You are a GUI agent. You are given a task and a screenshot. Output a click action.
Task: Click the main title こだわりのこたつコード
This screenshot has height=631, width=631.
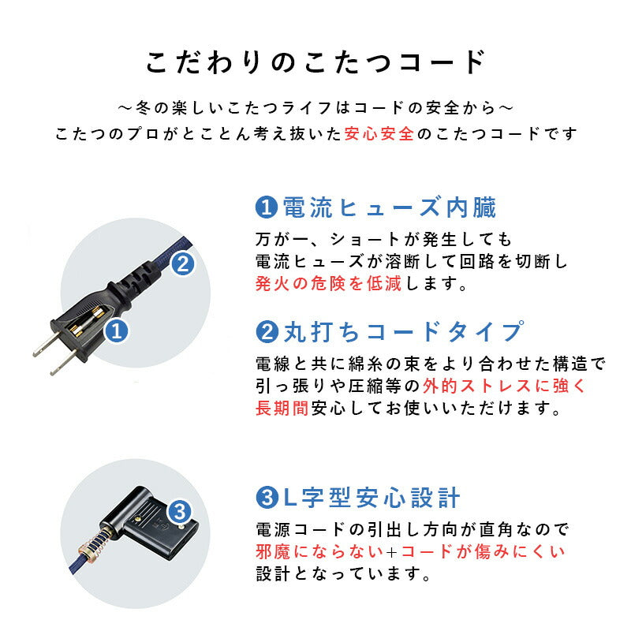coord(315,62)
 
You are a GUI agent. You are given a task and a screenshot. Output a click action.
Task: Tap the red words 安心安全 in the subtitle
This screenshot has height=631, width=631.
coord(379,133)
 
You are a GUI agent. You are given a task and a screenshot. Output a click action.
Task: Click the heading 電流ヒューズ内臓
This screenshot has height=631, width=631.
coord(389,208)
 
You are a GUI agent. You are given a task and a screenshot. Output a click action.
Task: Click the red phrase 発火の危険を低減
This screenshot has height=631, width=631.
coord(328,284)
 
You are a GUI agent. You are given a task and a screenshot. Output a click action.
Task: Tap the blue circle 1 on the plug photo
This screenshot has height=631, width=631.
coord(118,332)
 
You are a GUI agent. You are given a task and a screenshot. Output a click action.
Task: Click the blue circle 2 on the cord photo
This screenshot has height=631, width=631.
coord(181,263)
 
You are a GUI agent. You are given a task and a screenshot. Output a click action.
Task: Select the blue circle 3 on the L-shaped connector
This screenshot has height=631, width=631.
coord(180,510)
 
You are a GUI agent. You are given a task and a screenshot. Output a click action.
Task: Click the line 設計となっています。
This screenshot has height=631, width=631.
coord(343,574)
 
